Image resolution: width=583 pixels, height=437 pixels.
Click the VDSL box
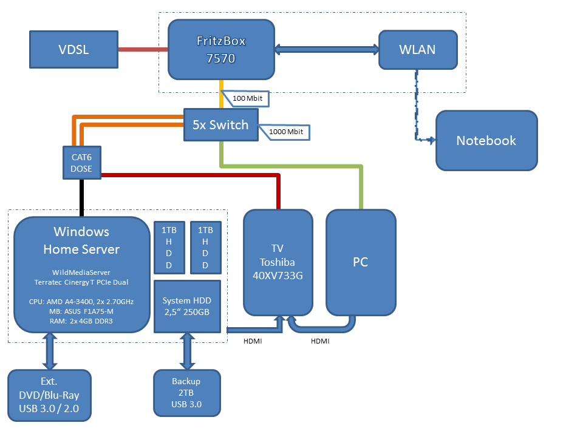pyautogui.click(x=73, y=50)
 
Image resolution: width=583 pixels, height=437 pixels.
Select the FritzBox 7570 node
pyautogui.click(x=220, y=50)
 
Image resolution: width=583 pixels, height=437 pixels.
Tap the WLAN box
pyautogui.click(x=417, y=50)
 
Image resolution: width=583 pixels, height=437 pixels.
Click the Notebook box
pyautogui.click(x=486, y=140)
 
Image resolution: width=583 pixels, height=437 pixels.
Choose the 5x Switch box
pyautogui.click(x=220, y=125)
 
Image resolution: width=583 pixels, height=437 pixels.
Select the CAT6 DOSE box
pyautogui.click(x=81, y=163)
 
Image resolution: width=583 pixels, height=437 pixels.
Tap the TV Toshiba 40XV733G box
pyautogui.click(x=278, y=262)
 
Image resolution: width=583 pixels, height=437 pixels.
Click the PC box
pyautogui.click(x=361, y=262)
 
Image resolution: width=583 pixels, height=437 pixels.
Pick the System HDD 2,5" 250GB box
pyautogui.click(x=187, y=307)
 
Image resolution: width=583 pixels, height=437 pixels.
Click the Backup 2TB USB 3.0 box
pyautogui.click(x=186, y=393)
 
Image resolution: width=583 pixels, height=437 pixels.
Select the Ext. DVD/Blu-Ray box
pyautogui.click(x=49, y=395)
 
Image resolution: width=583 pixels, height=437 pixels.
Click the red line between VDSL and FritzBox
pyautogui.click(x=142, y=50)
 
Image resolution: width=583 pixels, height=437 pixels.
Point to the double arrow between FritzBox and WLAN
pyautogui.click(x=327, y=50)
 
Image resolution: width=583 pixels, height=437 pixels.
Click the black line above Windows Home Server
pyautogui.click(x=81, y=198)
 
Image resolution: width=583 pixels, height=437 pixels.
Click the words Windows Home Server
pyautogui.click(x=81, y=240)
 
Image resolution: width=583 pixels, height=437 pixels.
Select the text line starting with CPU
pyautogui.click(x=81, y=301)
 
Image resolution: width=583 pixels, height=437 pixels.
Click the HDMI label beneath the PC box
pyautogui.click(x=320, y=341)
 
